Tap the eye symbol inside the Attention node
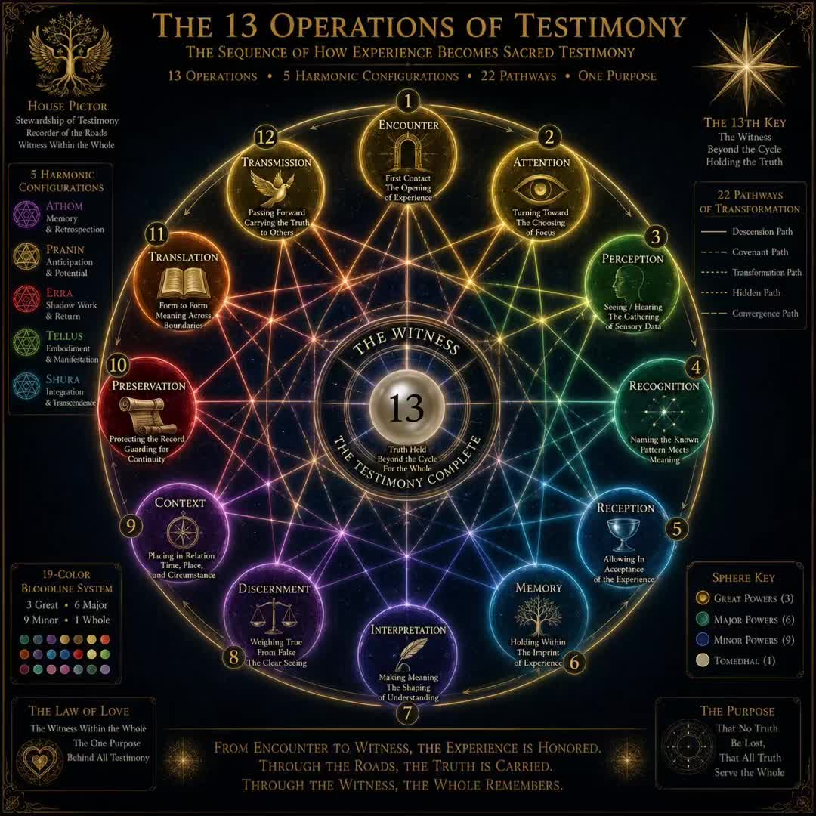tap(539, 188)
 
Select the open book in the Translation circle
tap(183, 283)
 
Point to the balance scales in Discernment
tap(274, 615)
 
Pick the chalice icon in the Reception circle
tap(623, 534)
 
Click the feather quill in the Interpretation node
tap(410, 654)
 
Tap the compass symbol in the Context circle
tap(184, 532)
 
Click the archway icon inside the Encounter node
tap(407, 151)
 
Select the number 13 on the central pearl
tap(406, 408)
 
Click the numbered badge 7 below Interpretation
tap(407, 713)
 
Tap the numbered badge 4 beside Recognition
tap(696, 367)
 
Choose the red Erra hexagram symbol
tap(26, 298)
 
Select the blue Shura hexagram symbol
tap(26, 385)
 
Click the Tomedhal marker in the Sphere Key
tap(703, 660)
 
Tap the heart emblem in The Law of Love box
tap(39, 761)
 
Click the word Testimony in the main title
tap(599, 26)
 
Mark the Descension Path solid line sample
tap(713, 232)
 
